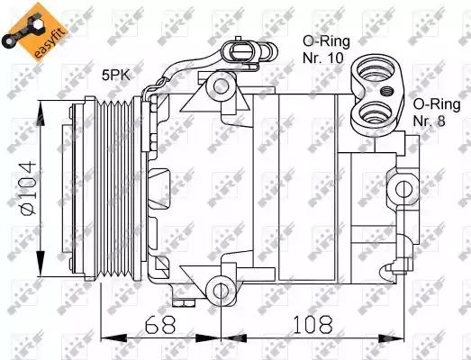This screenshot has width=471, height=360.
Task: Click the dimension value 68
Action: coord(160,324)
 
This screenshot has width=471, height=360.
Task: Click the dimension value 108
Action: coord(312,324)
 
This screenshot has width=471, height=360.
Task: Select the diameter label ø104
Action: coord(29,188)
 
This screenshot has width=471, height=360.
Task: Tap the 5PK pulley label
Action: coord(116,75)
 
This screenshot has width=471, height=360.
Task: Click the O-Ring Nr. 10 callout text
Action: coord(326,49)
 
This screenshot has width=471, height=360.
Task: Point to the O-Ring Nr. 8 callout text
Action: coord(437,112)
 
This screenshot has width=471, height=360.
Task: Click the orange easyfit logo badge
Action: coord(34,32)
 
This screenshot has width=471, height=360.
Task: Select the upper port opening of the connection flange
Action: coord(376,72)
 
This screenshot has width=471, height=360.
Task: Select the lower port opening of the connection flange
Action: coord(376,112)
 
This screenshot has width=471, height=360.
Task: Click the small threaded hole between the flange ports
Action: coord(386,90)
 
